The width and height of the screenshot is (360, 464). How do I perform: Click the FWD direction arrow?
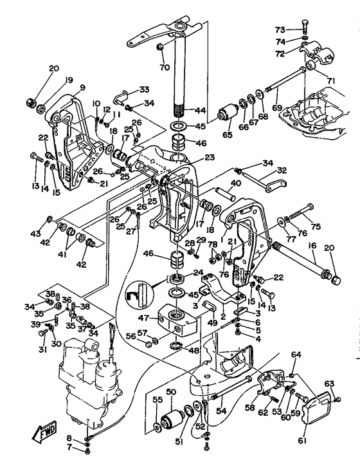click(44, 432)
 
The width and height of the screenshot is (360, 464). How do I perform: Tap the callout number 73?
click(280, 30)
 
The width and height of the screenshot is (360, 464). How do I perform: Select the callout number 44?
click(200, 111)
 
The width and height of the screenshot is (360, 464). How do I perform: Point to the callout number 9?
click(82, 88)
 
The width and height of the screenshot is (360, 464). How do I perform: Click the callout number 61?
click(301, 441)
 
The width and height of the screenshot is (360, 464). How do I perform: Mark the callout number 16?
click(312, 246)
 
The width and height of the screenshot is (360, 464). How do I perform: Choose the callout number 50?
click(171, 392)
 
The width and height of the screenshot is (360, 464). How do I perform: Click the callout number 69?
click(277, 107)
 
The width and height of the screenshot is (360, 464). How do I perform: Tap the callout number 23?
click(210, 158)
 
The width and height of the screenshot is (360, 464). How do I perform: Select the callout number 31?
click(43, 349)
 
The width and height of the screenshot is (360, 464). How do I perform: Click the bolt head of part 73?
click(305, 23)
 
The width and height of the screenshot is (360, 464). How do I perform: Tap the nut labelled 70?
click(160, 47)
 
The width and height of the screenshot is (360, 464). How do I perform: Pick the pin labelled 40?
click(225, 193)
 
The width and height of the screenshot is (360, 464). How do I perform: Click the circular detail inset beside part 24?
click(139, 295)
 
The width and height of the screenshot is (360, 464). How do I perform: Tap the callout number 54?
click(221, 411)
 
